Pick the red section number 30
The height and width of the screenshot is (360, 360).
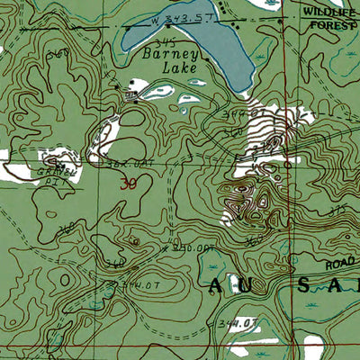click(x=129, y=183)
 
